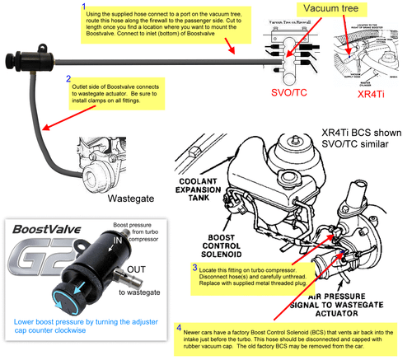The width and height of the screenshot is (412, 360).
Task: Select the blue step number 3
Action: click(194, 267)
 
